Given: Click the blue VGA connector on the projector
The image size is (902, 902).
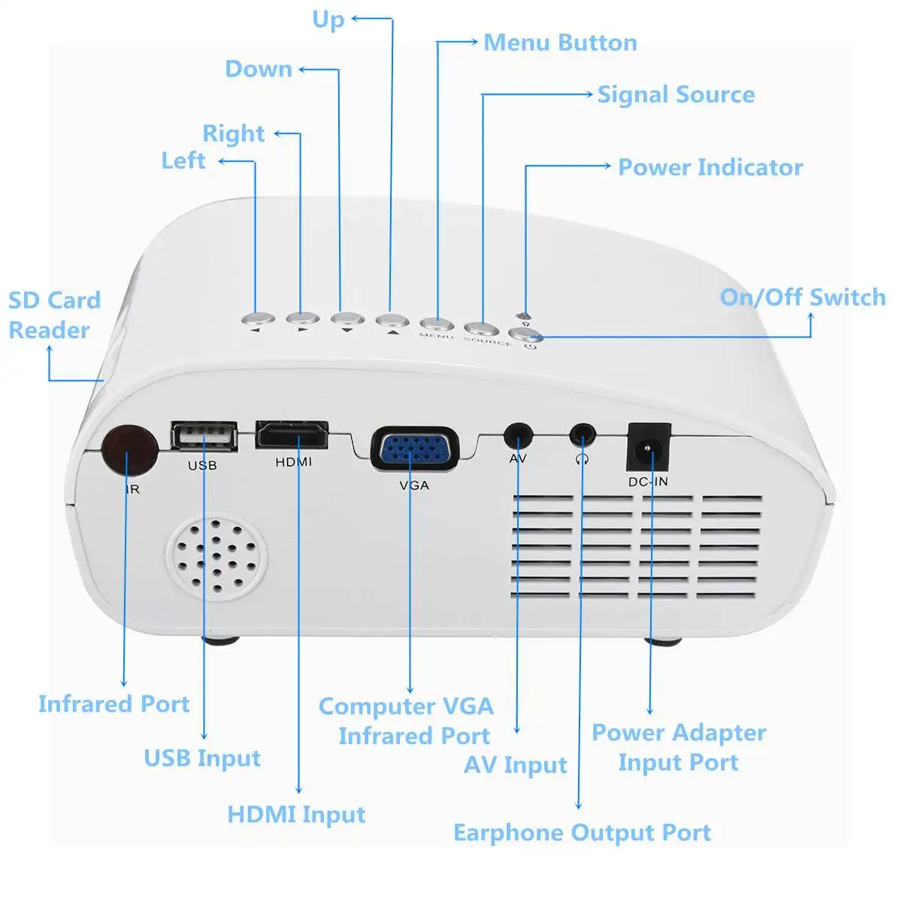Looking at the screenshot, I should (413, 449).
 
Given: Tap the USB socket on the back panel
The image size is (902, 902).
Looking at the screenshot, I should (204, 436).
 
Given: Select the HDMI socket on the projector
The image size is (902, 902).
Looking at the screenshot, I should (292, 434).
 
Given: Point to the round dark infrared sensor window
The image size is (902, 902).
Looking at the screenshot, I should (129, 450).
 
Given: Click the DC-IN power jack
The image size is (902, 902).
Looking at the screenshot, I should (648, 449).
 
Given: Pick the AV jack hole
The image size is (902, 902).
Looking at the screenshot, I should (517, 435).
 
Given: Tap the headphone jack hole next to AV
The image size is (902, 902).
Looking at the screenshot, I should (582, 434).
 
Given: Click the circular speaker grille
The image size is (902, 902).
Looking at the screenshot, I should (216, 557).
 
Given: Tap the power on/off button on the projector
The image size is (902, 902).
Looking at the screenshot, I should (525, 335).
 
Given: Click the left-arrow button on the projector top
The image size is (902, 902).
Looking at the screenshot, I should (258, 319).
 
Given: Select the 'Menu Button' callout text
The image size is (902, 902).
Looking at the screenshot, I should (560, 43).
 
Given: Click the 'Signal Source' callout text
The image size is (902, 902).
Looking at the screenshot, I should (676, 95).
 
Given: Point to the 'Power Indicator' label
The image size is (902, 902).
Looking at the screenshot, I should (710, 167).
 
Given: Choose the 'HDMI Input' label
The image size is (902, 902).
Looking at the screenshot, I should (296, 814).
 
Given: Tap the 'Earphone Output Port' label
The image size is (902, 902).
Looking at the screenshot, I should (582, 833).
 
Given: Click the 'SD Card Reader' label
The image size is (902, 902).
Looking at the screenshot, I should (53, 315).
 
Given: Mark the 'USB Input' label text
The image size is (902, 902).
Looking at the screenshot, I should (202, 758).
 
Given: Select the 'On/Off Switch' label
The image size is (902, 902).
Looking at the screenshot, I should (802, 298).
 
